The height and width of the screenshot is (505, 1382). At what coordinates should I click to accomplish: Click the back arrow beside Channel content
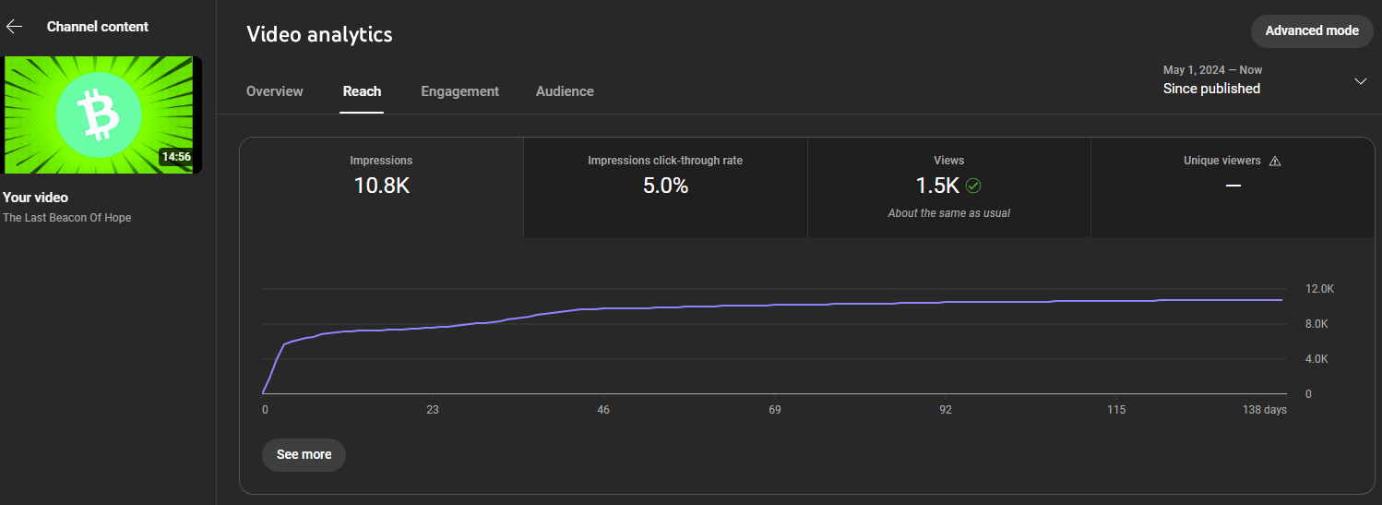pyautogui.click(x=14, y=27)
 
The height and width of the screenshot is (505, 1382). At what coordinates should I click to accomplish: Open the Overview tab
pyautogui.click(x=275, y=91)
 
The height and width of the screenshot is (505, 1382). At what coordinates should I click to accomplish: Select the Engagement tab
pyautogui.click(x=459, y=91)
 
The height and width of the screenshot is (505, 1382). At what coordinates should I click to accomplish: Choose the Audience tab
pyautogui.click(x=565, y=91)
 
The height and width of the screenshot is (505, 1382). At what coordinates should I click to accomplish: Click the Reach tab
pyautogui.click(x=362, y=91)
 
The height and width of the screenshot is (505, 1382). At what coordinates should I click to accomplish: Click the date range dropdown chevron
pyautogui.click(x=1360, y=81)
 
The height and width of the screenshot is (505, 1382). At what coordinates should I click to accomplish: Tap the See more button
pyautogui.click(x=304, y=455)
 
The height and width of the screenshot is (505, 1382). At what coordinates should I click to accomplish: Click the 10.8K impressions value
pyautogui.click(x=381, y=186)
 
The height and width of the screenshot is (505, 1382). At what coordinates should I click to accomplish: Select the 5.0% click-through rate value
pyautogui.click(x=665, y=186)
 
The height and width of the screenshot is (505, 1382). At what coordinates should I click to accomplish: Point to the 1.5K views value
pyautogui.click(x=937, y=186)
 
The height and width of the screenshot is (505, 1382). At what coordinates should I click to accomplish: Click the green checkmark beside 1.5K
pyautogui.click(x=973, y=186)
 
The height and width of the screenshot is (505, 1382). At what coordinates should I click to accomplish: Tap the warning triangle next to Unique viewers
pyautogui.click(x=1275, y=162)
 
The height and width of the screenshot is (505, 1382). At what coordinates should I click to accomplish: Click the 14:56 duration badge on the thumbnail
pyautogui.click(x=176, y=157)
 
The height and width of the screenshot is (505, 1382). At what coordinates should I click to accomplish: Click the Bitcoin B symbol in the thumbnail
pyautogui.click(x=98, y=114)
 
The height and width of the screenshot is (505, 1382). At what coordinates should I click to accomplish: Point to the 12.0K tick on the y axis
pyautogui.click(x=1319, y=289)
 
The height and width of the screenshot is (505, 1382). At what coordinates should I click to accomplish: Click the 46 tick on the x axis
pyautogui.click(x=602, y=410)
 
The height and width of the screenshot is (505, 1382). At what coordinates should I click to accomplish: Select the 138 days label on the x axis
pyautogui.click(x=1264, y=410)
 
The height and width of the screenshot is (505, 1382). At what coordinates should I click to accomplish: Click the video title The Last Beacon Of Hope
pyautogui.click(x=66, y=218)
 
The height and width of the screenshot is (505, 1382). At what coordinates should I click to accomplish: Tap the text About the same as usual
pyautogui.click(x=949, y=213)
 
